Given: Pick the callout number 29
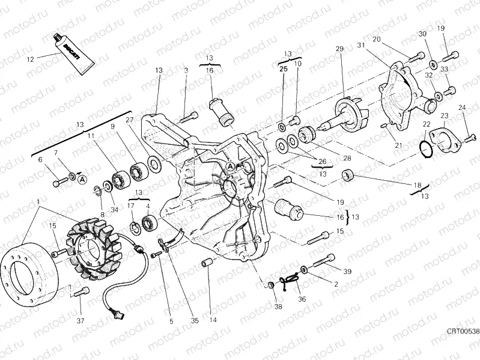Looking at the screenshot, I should (339, 49).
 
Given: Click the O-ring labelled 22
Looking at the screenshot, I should (426, 147).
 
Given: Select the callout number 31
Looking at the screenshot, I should (360, 46).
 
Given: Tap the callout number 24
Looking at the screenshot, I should (463, 108).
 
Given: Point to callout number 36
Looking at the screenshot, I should (302, 299).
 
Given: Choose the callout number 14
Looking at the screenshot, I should (212, 320).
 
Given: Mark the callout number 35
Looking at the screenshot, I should (194, 321).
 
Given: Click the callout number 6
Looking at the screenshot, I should (40, 160).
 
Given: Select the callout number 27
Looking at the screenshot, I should (129, 120).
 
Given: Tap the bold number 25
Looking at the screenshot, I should (284, 69).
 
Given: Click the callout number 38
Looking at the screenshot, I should (278, 307).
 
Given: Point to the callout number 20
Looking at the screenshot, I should (377, 40).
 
